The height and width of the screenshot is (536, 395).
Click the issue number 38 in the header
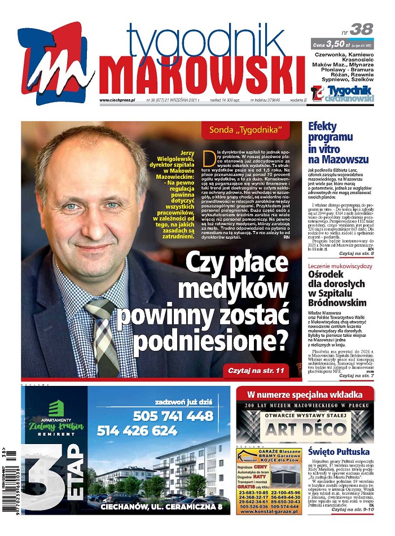(361, 29)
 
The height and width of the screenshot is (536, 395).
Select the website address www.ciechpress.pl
(117, 100)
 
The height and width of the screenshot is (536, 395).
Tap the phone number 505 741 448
(173, 416)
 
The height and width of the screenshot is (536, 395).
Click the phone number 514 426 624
(137, 431)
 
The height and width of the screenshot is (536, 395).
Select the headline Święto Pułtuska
(339, 452)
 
